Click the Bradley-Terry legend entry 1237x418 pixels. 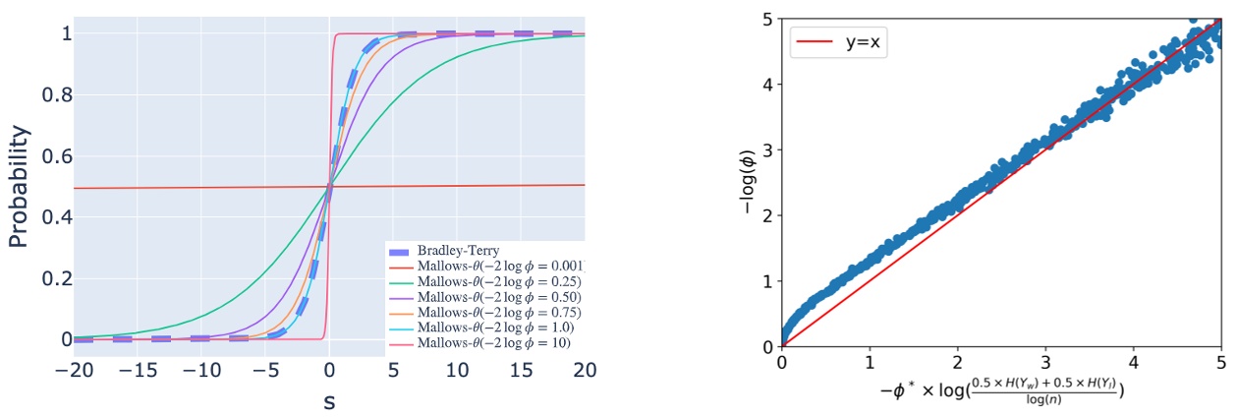coord(452,250)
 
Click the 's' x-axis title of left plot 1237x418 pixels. coord(329,401)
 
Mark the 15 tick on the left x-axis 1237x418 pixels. coord(521,371)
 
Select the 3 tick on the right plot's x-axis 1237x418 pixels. coord(1045,361)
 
